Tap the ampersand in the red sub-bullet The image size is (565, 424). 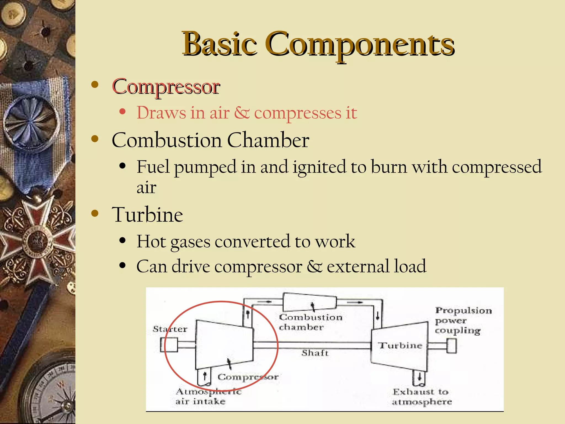(x=242, y=113)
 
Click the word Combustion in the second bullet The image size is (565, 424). (x=167, y=140)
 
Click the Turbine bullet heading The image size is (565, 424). (x=147, y=215)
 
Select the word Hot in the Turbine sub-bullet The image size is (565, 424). (x=151, y=241)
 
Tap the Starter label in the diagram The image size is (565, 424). (x=170, y=329)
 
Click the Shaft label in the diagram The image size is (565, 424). (x=315, y=353)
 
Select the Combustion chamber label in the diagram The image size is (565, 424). (x=310, y=322)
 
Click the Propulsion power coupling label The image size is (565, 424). (x=463, y=320)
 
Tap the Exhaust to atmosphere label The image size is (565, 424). (x=422, y=397)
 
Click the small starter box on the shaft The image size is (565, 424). (x=169, y=345)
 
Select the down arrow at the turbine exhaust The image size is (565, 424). (x=419, y=377)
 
